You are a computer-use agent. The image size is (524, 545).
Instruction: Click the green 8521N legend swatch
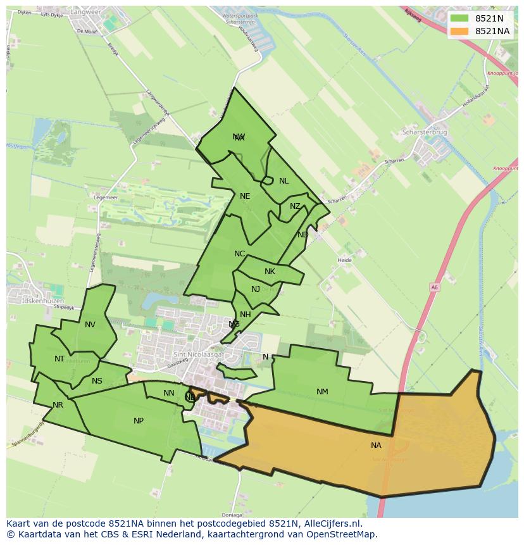tap(459, 18)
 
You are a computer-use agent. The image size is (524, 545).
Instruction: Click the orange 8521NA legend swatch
tap(459, 31)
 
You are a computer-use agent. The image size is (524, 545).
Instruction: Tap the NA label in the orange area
tap(376, 446)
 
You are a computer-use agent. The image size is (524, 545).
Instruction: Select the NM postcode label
tap(322, 392)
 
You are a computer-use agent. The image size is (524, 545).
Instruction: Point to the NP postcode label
tap(139, 421)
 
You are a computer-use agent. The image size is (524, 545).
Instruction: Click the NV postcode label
tap(90, 325)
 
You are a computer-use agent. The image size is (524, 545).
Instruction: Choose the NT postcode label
tap(59, 359)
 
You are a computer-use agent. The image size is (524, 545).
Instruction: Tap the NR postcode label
tap(58, 405)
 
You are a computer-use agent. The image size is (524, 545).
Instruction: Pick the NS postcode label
tap(97, 381)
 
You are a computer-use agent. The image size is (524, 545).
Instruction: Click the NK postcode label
tap(270, 272)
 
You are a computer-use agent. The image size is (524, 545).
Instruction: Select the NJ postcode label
tap(256, 289)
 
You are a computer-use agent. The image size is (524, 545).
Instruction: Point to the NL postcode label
tap(284, 181)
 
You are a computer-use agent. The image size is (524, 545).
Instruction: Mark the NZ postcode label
tap(295, 206)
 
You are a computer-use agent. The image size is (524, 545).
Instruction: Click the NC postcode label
tap(239, 254)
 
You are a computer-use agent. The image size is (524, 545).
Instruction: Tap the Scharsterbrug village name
tap(425, 133)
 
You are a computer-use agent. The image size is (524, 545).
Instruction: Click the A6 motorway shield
tap(434, 287)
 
